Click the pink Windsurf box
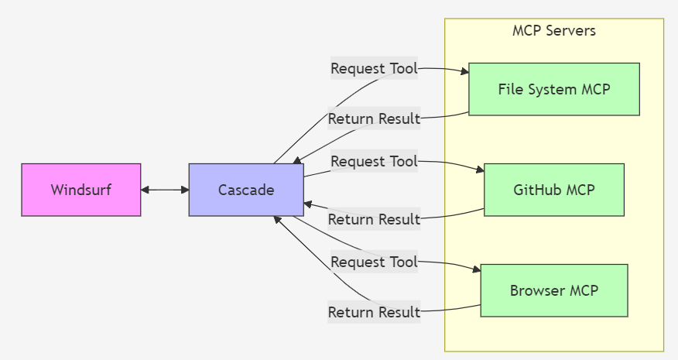81,190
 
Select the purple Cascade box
246,190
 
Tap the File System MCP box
554,89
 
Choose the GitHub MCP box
554,190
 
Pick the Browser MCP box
554,290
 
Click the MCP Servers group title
554,31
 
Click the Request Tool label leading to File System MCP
374,68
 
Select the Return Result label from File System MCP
374,118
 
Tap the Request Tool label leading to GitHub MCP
374,161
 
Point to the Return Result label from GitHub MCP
374,219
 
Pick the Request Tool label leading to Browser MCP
374,262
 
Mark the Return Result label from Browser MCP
374,312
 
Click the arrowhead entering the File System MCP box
465,72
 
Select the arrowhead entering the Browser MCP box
477,270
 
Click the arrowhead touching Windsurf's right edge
146,190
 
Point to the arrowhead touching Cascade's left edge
184,190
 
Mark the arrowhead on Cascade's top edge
296,159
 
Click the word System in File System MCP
550,89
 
